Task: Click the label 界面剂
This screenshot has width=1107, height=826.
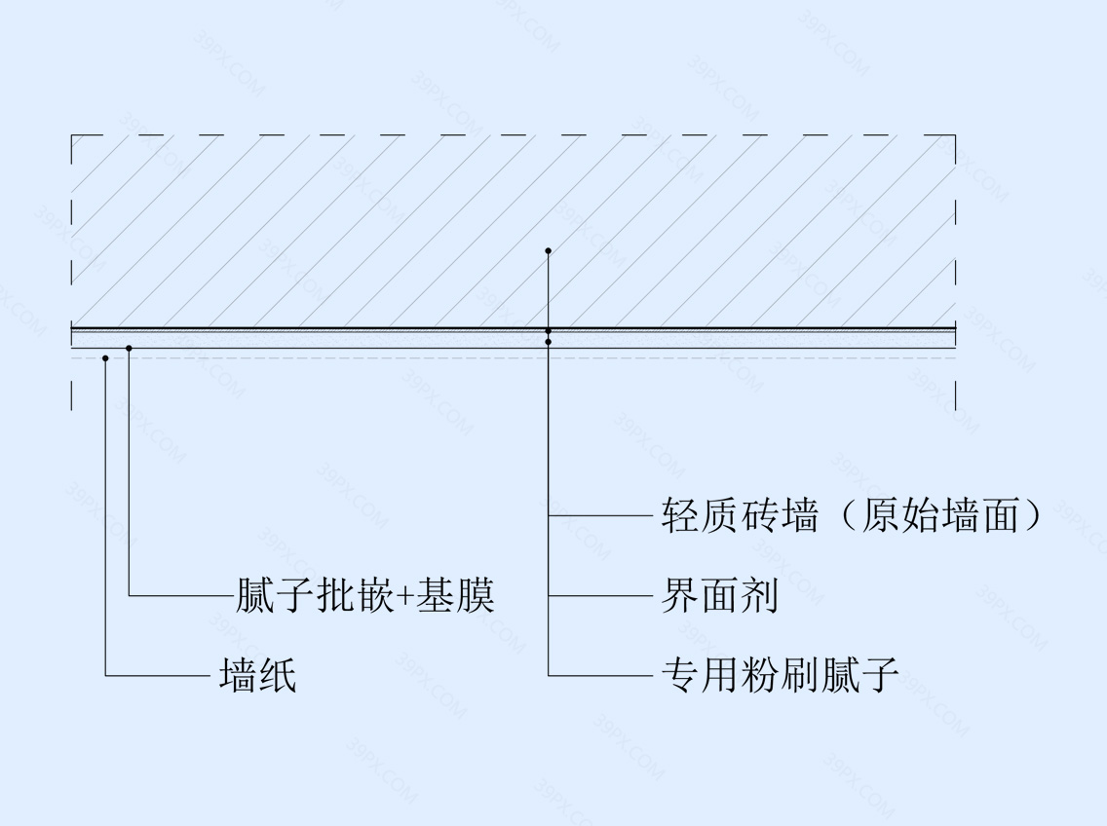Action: point(719,596)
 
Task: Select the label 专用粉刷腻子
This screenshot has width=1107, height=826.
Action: point(780,675)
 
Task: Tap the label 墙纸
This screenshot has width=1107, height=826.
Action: point(257,675)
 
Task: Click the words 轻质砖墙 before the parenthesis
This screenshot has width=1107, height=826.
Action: point(740,515)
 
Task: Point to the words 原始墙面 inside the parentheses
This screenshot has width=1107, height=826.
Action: point(939,515)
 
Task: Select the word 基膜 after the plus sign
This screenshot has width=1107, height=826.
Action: point(454,596)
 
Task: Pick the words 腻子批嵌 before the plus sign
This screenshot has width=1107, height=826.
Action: point(314,596)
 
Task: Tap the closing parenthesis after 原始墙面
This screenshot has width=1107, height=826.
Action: point(1032,515)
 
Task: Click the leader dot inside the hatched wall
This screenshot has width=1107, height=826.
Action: point(548,250)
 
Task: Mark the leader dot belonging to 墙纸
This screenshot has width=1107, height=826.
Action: point(105,358)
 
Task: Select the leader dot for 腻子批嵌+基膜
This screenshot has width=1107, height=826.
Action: point(129,348)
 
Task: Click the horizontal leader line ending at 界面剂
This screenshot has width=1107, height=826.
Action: point(600,596)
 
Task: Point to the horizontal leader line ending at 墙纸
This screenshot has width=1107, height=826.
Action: point(158,676)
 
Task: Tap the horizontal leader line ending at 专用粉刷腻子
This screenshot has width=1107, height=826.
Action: point(600,676)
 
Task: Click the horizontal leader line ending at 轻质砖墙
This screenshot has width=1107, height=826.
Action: point(600,516)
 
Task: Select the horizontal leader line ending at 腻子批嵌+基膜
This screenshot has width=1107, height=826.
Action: point(181,596)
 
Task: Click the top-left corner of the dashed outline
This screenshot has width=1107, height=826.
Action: point(72,134)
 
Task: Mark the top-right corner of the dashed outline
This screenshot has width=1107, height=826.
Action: point(955,134)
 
